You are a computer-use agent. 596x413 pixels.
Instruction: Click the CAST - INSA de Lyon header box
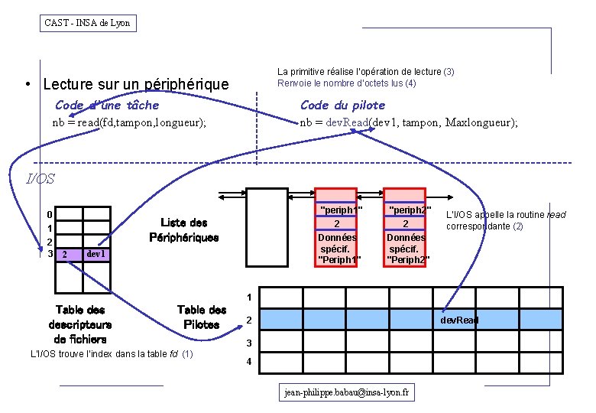(x=88, y=23)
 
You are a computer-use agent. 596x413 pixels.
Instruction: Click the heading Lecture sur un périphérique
(x=136, y=84)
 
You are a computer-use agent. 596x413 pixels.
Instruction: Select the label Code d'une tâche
(x=107, y=105)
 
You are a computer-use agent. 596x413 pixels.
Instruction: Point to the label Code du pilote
(x=342, y=105)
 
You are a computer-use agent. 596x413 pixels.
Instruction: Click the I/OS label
(x=40, y=180)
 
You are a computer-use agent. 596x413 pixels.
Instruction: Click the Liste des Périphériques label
(x=183, y=230)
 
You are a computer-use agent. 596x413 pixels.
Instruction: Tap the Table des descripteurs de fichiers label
(x=80, y=324)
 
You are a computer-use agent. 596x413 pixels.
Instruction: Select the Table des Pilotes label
(x=202, y=317)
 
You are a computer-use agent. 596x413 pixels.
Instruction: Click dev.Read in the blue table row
(x=458, y=320)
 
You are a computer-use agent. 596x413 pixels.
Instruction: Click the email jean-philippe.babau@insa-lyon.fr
(x=347, y=392)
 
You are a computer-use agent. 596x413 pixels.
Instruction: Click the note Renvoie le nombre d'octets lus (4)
(x=346, y=83)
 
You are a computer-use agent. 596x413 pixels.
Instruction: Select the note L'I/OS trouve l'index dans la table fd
(x=111, y=353)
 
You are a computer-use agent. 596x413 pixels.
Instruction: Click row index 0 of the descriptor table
(x=50, y=215)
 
